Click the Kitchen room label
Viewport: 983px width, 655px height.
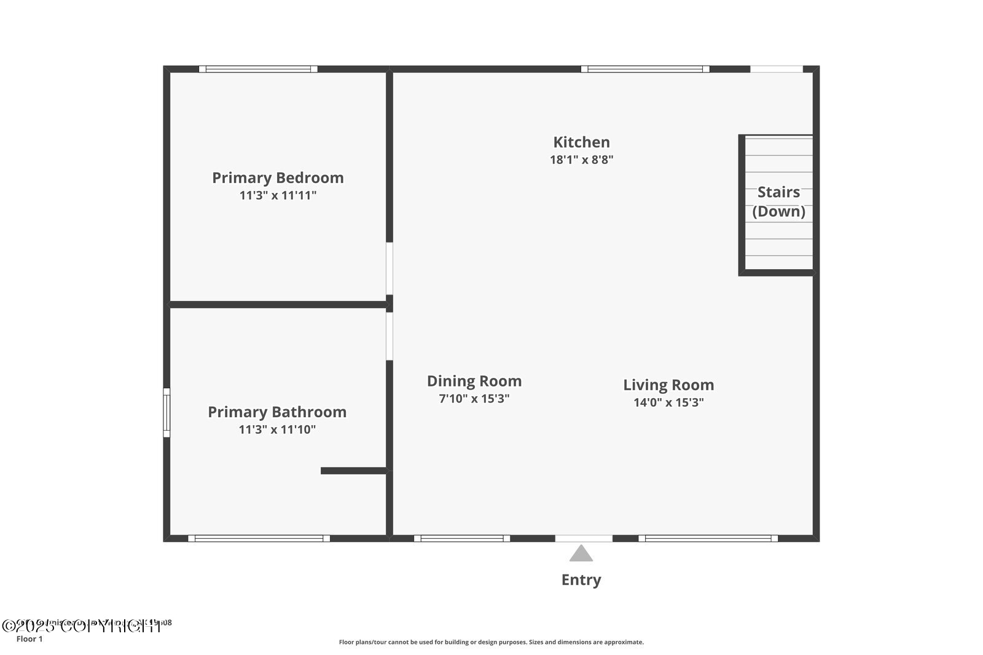[581, 142]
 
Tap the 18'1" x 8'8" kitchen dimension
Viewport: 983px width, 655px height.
[581, 160]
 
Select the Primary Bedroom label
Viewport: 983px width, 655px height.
[278, 178]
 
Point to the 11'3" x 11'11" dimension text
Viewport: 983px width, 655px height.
[278, 195]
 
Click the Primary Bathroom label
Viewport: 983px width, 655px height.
[277, 412]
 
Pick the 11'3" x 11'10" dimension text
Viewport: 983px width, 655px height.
[277, 429]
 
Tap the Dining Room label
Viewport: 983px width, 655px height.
[474, 381]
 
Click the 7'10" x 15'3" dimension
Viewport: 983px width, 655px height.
[474, 399]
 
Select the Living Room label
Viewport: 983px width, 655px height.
[668, 385]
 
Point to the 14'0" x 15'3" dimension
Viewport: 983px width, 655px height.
[668, 402]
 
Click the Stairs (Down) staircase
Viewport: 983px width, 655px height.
[778, 203]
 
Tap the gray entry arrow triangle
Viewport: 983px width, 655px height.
[581, 554]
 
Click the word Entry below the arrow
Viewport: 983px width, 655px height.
[581, 579]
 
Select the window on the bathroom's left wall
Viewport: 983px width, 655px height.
[166, 412]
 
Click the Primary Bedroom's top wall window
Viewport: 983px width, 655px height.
[258, 69]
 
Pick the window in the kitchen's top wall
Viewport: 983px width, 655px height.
[645, 69]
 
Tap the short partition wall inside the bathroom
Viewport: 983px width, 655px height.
[354, 471]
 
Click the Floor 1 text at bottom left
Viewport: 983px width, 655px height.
[29, 639]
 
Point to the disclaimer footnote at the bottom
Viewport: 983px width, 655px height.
[491, 642]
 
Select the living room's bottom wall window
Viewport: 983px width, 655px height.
[708, 538]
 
